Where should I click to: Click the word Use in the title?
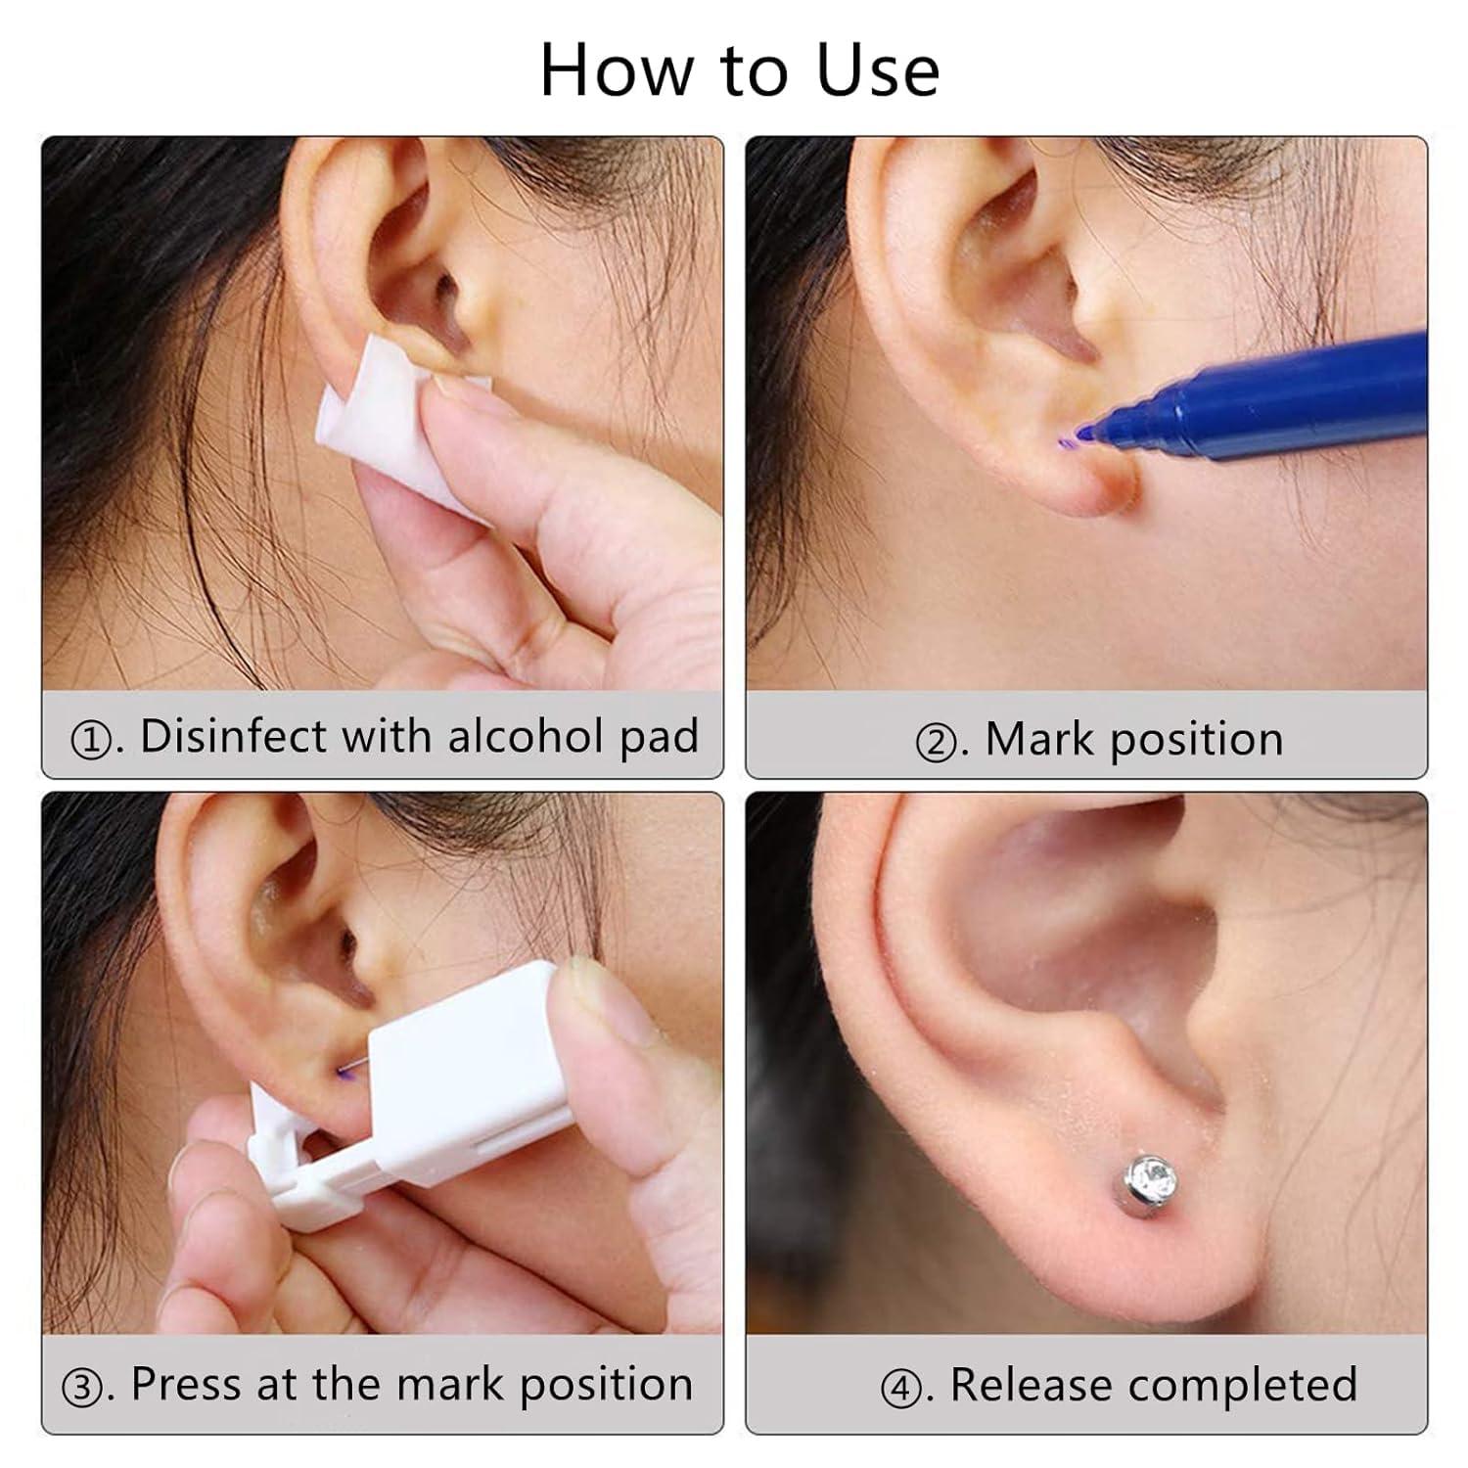[878, 70]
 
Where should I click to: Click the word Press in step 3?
[187, 1385]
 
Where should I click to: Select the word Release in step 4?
[1032, 1385]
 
